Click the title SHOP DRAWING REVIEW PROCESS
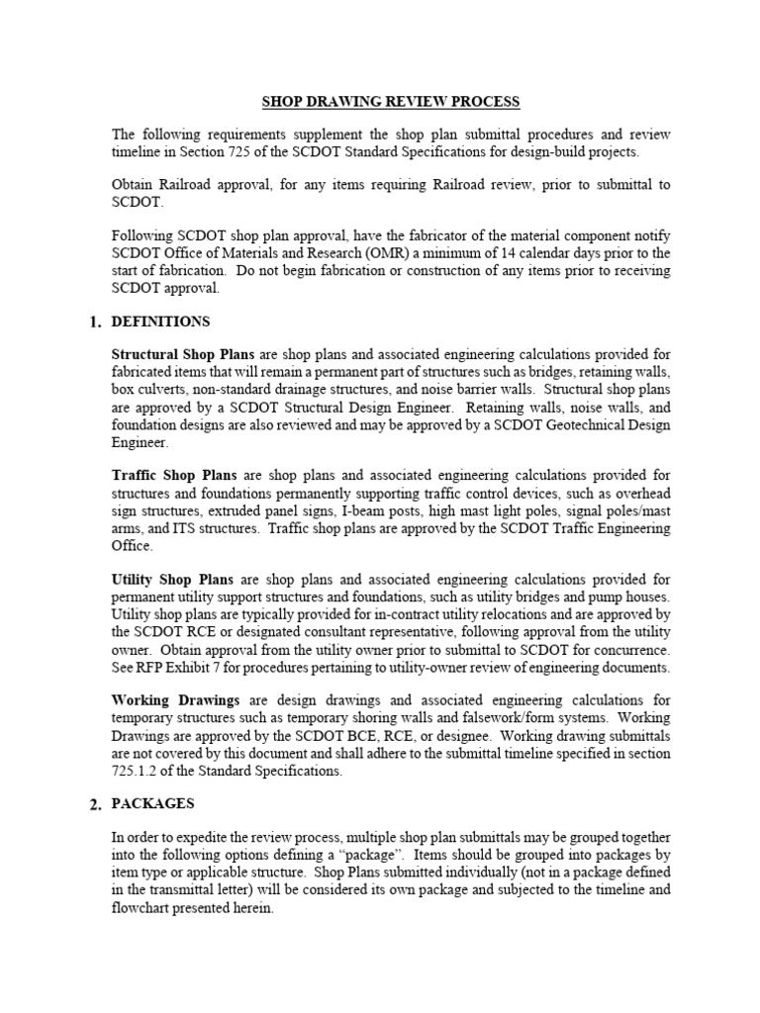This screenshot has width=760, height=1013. point(390,102)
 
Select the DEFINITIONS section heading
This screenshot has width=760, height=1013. point(161,322)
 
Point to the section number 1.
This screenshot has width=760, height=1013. point(95,322)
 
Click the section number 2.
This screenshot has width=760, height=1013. point(95,804)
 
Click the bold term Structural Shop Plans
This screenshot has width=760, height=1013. point(183,354)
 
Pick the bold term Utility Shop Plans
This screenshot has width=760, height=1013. point(171,579)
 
